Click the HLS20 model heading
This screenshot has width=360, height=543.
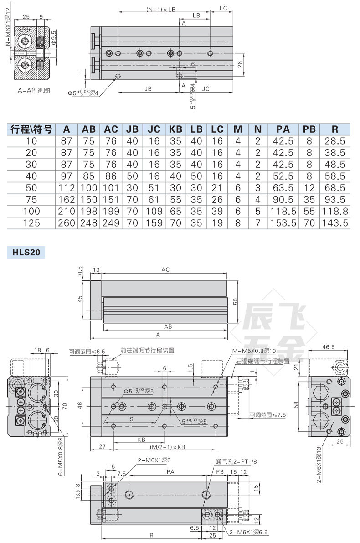click(x=26, y=252)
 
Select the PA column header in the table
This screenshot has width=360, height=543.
click(x=283, y=129)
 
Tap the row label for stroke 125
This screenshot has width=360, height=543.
click(x=31, y=223)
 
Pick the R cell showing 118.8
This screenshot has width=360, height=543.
click(x=335, y=211)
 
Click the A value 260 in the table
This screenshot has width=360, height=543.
click(x=67, y=223)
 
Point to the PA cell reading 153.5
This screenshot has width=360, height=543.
click(x=283, y=223)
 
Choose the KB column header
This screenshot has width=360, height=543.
click(x=175, y=129)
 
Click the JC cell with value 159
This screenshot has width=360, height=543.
click(x=154, y=223)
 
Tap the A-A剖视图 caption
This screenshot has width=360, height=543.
click(x=34, y=90)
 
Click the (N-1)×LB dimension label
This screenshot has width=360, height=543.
click(x=160, y=10)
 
